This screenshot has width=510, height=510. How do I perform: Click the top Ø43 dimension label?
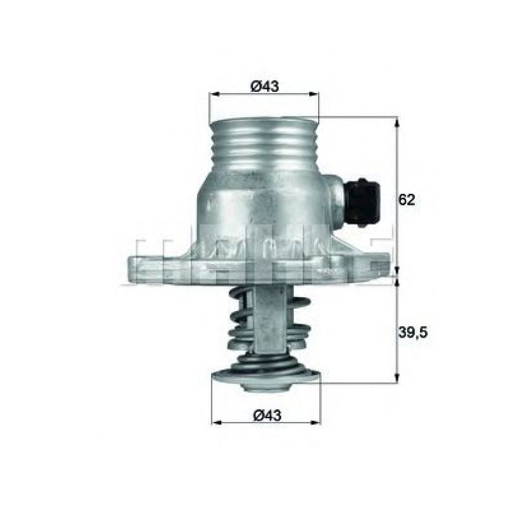point(264,87)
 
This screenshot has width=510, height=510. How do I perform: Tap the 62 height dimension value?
point(407,200)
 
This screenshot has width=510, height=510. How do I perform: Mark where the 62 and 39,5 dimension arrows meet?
point(397,277)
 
